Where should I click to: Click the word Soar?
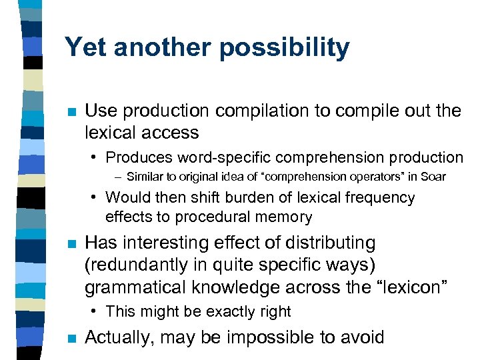coord(434,177)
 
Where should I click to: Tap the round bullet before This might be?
coord(96,311)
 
